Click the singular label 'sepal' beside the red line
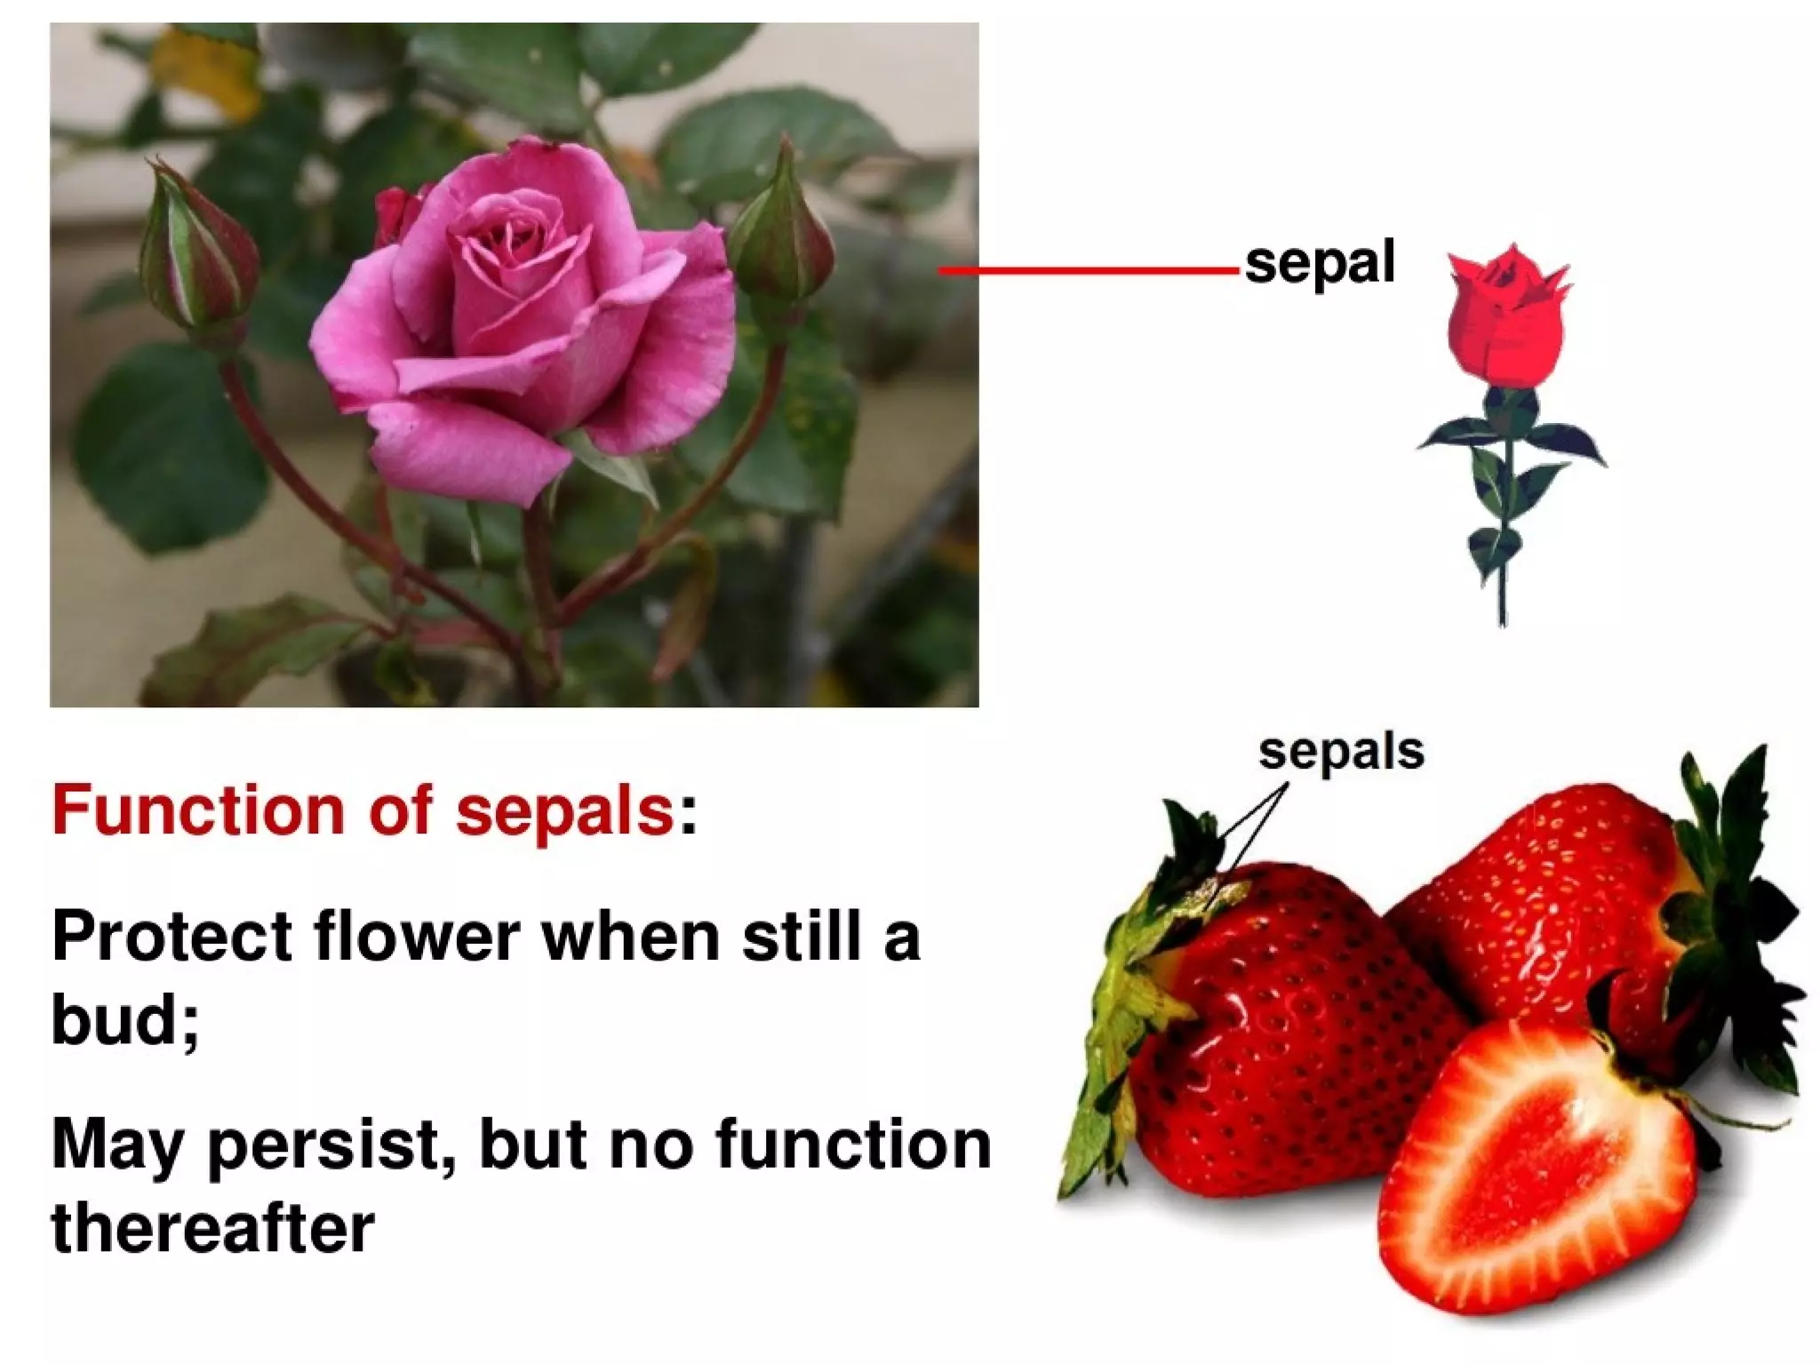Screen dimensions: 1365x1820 click(x=1320, y=263)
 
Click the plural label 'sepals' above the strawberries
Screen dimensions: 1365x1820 click(x=1341, y=751)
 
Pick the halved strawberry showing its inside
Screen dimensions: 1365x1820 click(x=1537, y=1164)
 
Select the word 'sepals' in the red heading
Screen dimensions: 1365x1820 click(x=564, y=810)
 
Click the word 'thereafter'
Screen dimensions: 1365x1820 click(x=213, y=1229)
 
